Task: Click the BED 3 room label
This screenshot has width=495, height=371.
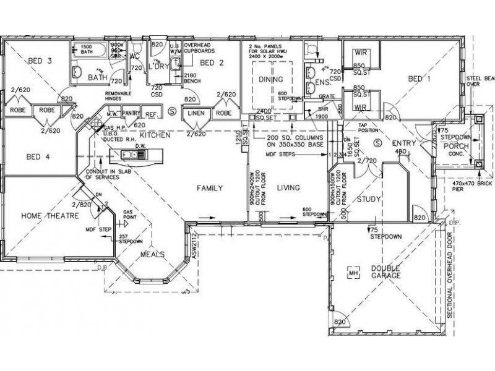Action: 40,60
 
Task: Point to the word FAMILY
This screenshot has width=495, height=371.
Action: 210,187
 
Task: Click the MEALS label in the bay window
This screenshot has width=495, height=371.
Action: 152,254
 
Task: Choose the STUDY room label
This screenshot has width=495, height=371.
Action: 369,199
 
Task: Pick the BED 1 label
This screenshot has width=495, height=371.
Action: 420,79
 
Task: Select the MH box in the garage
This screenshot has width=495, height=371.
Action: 353,272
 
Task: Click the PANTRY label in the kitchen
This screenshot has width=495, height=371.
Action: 131,114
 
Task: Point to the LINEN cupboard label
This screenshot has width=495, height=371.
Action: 195,114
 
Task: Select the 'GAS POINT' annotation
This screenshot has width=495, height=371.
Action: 129,214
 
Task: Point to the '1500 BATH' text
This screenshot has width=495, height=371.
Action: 87,49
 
